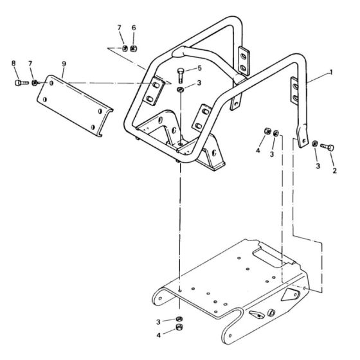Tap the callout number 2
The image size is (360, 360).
(x=334, y=172)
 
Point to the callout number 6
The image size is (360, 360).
(x=134, y=28)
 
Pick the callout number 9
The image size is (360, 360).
(x=64, y=63)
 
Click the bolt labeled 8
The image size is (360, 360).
(x=19, y=82)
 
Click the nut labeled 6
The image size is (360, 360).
(x=133, y=48)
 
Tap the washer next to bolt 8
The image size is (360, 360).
(x=35, y=82)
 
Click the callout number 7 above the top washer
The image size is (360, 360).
(x=119, y=28)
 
